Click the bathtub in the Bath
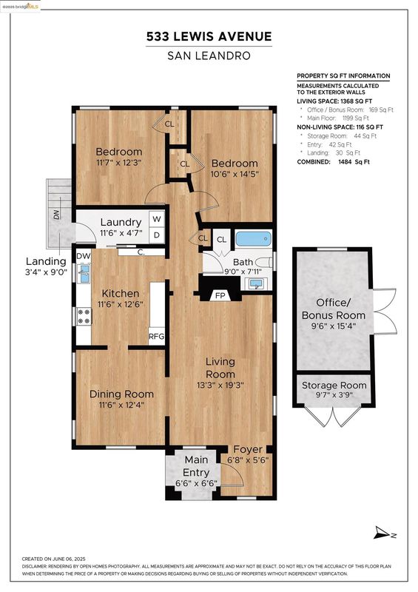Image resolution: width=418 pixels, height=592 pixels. click(x=254, y=239)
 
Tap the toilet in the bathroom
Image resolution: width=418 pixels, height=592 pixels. click(x=264, y=262)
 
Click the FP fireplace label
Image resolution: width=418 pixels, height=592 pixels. click(x=220, y=295)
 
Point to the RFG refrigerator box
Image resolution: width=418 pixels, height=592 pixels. click(x=157, y=336)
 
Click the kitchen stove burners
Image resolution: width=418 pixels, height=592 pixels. click(x=84, y=317)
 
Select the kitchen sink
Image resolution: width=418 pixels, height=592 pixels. click(x=84, y=273)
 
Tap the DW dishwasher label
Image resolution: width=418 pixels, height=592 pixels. click(x=84, y=256)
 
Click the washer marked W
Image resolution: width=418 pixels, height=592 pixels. click(x=157, y=219)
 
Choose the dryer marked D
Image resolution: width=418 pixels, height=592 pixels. click(x=157, y=235)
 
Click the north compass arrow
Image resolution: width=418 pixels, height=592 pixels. click(x=382, y=533)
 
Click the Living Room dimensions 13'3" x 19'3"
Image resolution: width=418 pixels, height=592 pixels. click(x=220, y=386)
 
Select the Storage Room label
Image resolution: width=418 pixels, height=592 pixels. click(x=334, y=386)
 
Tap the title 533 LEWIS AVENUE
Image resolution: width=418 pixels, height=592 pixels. click(x=209, y=36)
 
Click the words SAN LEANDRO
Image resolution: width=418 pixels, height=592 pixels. click(x=209, y=56)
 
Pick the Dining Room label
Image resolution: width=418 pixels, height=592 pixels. click(x=121, y=394)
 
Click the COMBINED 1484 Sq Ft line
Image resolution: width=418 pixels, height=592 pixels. click(x=334, y=161)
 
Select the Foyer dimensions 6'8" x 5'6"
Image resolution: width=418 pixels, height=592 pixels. click(x=248, y=460)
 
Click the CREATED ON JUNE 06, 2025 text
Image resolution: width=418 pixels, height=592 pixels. click(x=53, y=559)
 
